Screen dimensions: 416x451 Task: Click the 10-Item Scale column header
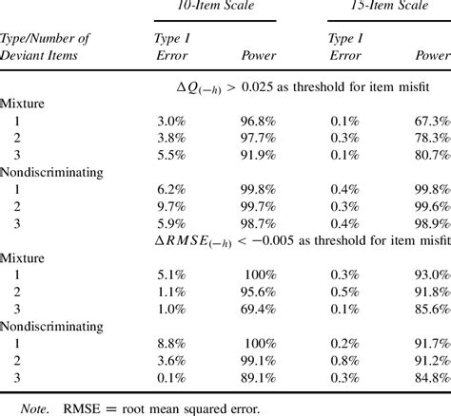point(215,8)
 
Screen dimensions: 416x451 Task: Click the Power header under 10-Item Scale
point(260,55)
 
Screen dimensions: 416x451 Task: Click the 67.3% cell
point(430,121)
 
